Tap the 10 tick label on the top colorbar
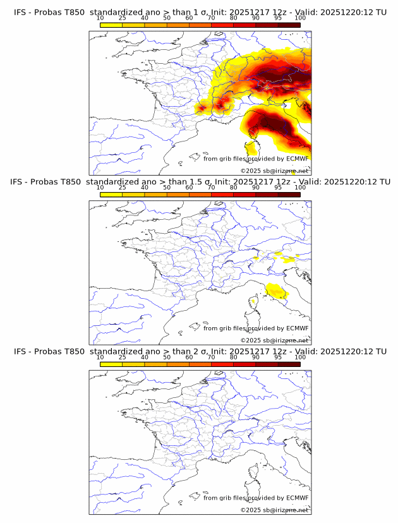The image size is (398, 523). (x=100, y=18)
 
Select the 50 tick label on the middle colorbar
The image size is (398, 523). (x=167, y=188)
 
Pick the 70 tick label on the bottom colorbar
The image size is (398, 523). (x=211, y=357)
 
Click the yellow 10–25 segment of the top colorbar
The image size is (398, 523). (x=111, y=25)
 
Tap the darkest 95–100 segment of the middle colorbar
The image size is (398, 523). (x=289, y=195)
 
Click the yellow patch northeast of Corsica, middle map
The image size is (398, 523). (x=276, y=290)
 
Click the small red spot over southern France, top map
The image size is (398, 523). (x=202, y=108)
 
